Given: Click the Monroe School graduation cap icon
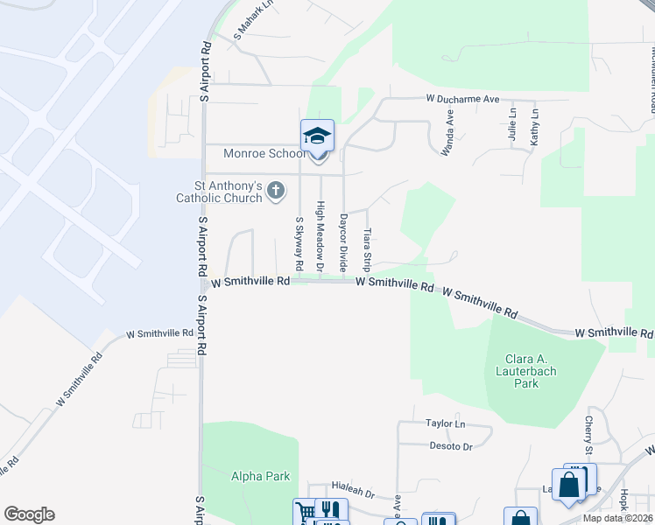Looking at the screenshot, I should coord(317,136).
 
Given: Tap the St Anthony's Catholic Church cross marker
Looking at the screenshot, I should coord(276,190).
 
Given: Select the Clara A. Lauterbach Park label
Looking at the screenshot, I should coord(532,371).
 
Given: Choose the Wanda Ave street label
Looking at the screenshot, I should coord(448,131).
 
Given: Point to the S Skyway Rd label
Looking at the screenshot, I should coord(299,242).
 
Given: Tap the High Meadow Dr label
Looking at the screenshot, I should coord(320,236).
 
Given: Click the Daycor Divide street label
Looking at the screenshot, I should coord(344,240).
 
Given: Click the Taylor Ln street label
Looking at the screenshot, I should coord(446,423).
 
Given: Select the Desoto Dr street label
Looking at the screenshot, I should coord(450,446).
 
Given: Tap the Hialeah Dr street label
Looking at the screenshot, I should coord(353,493).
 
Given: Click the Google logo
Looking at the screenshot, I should coord(29,514).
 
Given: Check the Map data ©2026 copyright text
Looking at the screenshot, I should coord(616,518).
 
